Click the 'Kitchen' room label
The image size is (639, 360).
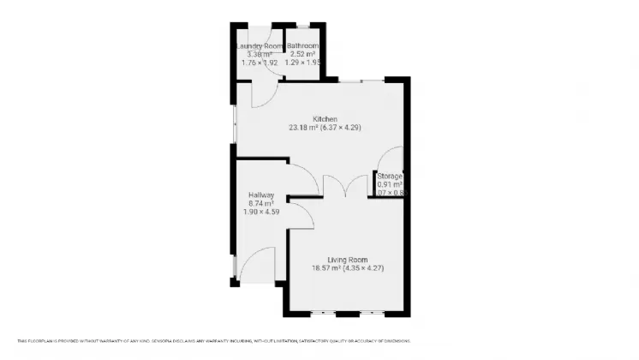tap(325, 118)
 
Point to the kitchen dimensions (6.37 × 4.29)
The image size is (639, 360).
tap(341, 128)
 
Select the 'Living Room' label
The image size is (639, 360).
tap(347, 260)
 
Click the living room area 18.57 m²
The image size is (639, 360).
tap(325, 269)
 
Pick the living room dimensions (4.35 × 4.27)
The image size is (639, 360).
tap(364, 269)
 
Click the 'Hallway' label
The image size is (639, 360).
tap(260, 195)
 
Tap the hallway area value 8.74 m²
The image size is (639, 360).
tap(260, 203)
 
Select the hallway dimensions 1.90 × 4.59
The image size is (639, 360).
tap(260, 212)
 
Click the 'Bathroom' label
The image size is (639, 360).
tap(302, 45)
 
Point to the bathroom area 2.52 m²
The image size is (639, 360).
tap(302, 54)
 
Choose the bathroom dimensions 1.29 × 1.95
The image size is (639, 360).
tap(302, 63)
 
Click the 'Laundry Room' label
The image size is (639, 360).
tap(260, 45)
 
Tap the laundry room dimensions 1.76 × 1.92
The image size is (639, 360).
tap(260, 63)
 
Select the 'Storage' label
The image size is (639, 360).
tap(390, 176)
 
